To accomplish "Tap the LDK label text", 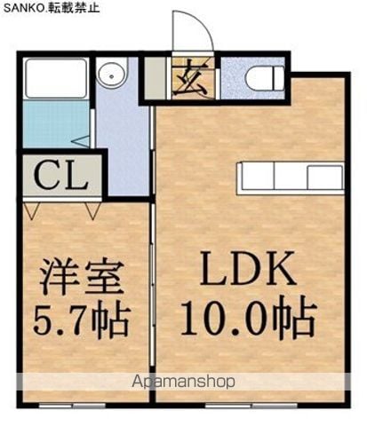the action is coord(248,268).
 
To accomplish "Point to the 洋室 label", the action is coord(82,276).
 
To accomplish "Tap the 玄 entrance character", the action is coord(190,78).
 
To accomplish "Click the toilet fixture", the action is coord(265,78).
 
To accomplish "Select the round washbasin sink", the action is coord(111,75).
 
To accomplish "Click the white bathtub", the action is coord(55,78).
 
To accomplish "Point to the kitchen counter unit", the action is coord(291,178).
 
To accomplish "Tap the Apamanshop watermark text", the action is coord(184,382).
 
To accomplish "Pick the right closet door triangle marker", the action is coord(93,211).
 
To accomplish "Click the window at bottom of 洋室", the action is coord(72,406).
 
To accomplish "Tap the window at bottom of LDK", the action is coord(251,406).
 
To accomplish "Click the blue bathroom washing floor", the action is coord(56,123).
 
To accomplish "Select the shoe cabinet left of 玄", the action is coord(155,78).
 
